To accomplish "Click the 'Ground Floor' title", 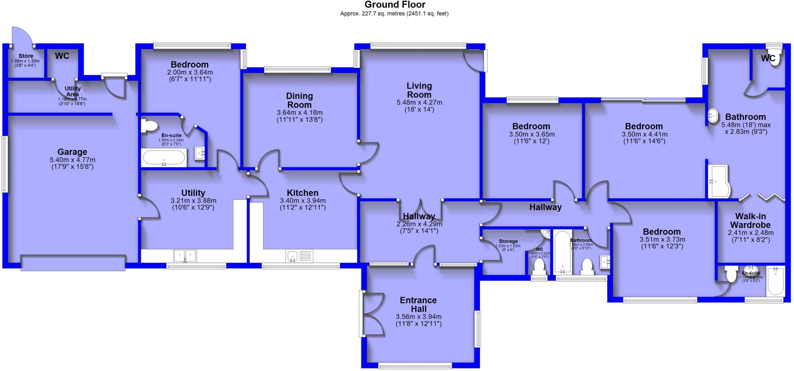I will (x=395, y=5).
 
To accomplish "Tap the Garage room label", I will (x=72, y=152).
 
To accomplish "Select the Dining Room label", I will (x=299, y=100).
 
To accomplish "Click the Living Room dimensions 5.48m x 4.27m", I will (x=419, y=103).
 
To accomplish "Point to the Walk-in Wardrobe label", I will (x=750, y=220).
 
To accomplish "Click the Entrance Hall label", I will (x=418, y=304).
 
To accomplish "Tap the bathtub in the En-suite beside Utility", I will (x=164, y=158).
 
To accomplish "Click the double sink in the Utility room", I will (x=186, y=256).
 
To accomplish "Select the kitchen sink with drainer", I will (x=299, y=256).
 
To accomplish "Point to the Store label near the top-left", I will (x=26, y=56).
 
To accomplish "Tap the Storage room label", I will (x=508, y=241).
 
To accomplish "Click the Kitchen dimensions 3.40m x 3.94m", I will (x=302, y=201).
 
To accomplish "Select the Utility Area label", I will (x=72, y=91).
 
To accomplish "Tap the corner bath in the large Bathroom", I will (x=719, y=181).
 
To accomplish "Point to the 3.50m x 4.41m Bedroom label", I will (x=644, y=126).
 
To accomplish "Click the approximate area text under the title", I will (x=394, y=14).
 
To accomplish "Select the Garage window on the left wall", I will (x=4, y=164).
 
